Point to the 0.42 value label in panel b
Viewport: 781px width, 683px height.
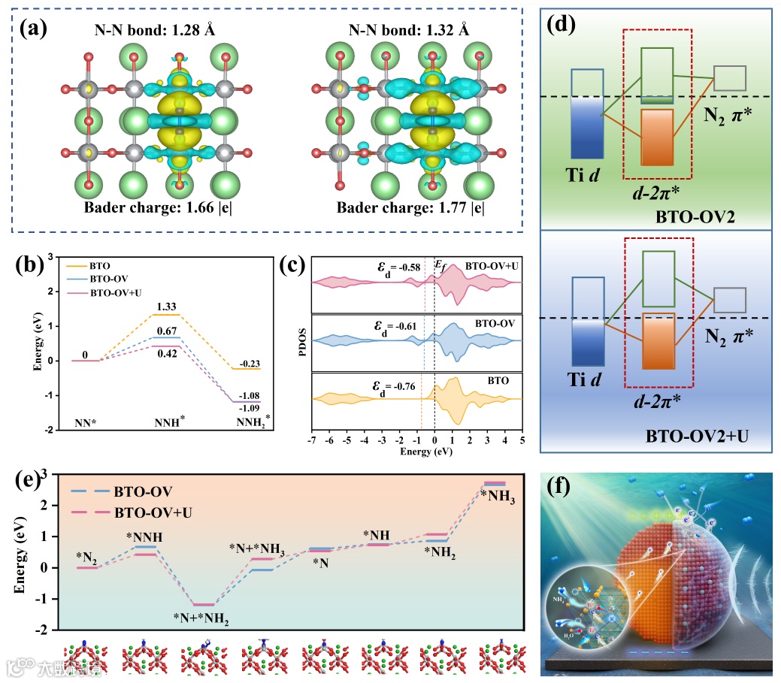point(167,354)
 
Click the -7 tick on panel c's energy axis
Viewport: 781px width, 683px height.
point(311,440)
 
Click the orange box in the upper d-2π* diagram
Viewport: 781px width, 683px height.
point(662,137)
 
